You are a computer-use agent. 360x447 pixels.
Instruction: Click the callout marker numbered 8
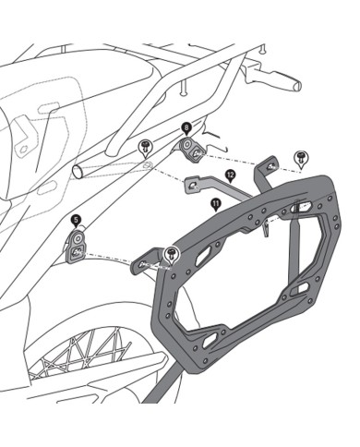pyautogui.click(x=186, y=127)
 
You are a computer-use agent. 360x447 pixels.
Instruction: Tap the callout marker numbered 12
pyautogui.click(x=229, y=174)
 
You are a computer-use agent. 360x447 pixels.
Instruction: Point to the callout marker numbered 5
pyautogui.click(x=76, y=220)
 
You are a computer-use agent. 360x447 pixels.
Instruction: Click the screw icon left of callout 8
pyautogui.click(x=146, y=146)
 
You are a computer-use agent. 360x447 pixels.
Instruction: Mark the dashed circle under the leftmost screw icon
pyautogui.click(x=146, y=165)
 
